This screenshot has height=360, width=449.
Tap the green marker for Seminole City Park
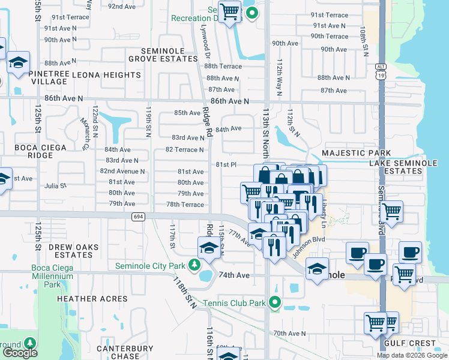(x=194, y=265)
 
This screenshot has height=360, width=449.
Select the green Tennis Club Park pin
(x=275, y=302)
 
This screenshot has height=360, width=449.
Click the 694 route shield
(x=139, y=217)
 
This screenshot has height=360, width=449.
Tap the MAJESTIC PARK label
(x=356, y=154)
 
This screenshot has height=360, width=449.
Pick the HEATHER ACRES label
(x=92, y=298)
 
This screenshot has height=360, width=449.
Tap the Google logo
(x=20, y=353)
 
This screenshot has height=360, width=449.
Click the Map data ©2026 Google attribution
(x=411, y=355)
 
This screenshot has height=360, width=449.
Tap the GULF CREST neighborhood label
(x=421, y=344)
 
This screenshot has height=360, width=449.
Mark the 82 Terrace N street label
(x=184, y=149)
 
